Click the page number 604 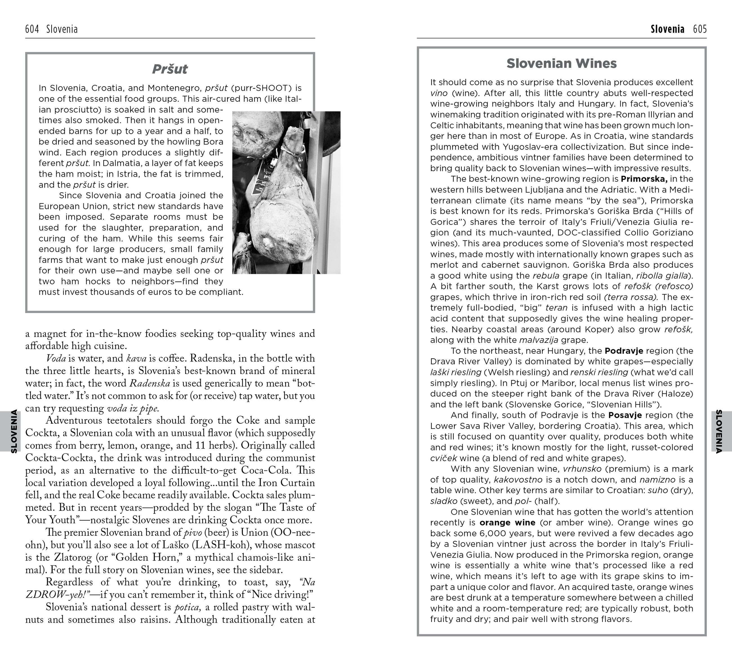32,29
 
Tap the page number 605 700,29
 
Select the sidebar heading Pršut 170,69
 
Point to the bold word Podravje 624,351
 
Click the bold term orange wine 507,523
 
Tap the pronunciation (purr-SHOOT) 262,88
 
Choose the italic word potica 187,607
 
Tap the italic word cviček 444,458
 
